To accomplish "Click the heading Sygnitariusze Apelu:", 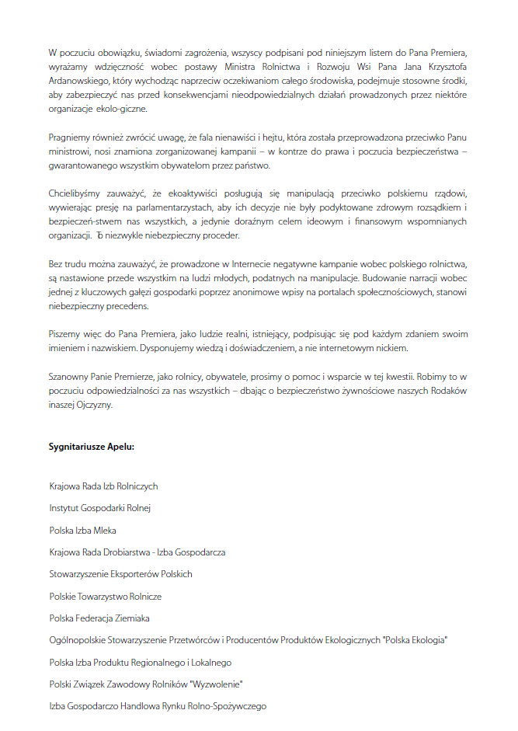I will pyautogui.click(x=92, y=447).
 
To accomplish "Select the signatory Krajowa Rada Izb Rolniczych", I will pyautogui.click(x=103, y=486).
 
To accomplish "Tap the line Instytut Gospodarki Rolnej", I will pyautogui.click(x=99, y=508).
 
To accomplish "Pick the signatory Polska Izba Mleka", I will pyautogui.click(x=82, y=530).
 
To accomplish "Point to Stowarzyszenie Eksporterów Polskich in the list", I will pyautogui.click(x=120, y=574).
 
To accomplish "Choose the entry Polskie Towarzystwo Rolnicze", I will pyautogui.click(x=105, y=597).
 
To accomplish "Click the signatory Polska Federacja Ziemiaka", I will pyautogui.click(x=99, y=618).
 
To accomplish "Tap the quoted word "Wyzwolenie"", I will pyautogui.click(x=218, y=684).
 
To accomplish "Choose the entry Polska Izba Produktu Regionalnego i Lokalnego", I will pyautogui.click(x=140, y=663).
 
